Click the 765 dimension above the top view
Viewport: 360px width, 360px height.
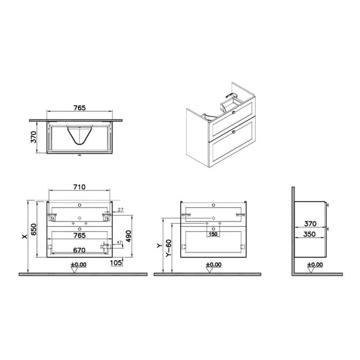(x=79, y=109)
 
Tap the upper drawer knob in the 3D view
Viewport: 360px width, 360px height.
(x=233, y=112)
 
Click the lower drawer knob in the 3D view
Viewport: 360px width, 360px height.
(x=233, y=132)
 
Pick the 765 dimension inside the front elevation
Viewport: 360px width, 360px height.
(x=79, y=235)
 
